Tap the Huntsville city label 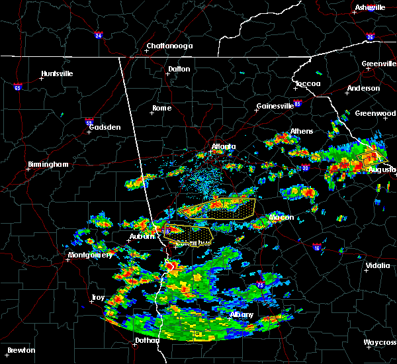coord(57,73)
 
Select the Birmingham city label coord(48,164)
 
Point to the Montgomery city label coord(90,255)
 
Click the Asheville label coord(369,7)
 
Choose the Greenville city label coord(378,64)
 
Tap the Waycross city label coord(380,343)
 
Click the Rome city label coord(161,108)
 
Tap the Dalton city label coord(179,69)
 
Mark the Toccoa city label coord(308,84)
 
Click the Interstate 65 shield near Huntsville coord(17,87)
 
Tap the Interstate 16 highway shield coord(318,248)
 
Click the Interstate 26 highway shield coord(370,37)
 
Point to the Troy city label coord(98,298)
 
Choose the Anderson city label coord(363,88)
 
